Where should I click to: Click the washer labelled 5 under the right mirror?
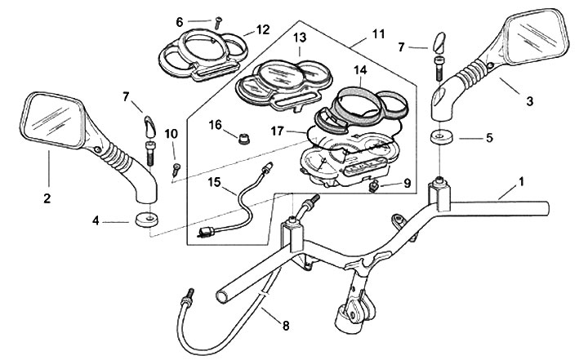442,135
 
